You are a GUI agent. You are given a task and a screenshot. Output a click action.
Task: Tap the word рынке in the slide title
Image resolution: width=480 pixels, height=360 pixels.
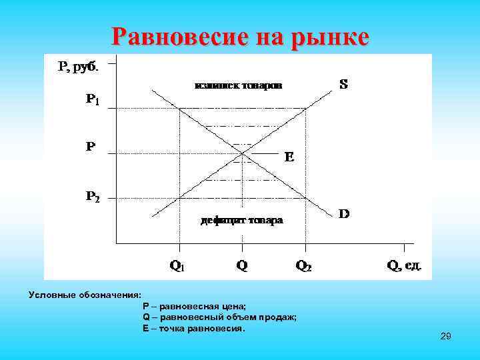coord(328,37)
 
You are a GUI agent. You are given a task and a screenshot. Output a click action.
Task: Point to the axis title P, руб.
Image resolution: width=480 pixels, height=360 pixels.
coord(78,66)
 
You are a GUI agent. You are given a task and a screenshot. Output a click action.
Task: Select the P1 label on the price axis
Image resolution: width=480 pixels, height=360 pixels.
coord(93,99)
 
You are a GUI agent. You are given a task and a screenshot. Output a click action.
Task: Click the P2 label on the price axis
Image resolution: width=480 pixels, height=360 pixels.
coord(93,197)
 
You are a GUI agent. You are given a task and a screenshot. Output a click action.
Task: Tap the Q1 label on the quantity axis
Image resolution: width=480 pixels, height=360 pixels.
coord(178,266)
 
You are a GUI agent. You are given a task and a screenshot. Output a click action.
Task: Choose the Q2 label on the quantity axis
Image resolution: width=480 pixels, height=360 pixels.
coord(303,266)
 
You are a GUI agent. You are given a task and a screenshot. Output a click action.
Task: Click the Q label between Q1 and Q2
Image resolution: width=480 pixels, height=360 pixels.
coord(241,265)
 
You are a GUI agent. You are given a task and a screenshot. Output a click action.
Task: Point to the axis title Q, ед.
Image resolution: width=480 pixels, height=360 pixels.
coord(405,265)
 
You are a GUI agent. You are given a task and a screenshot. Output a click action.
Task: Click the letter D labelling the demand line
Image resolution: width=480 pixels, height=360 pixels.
coord(345,215)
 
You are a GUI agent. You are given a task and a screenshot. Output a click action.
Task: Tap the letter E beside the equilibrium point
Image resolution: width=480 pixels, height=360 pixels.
coord(289,158)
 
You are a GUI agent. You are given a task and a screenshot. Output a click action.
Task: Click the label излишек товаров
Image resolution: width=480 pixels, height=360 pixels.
coord(238,85)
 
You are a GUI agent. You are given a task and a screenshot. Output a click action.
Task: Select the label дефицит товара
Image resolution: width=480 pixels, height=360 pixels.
coord(242,220)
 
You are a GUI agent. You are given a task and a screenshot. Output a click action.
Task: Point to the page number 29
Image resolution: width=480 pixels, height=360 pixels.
coord(446,337)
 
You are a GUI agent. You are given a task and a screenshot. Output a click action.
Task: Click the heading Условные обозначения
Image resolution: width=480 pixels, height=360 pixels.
coord(85,295)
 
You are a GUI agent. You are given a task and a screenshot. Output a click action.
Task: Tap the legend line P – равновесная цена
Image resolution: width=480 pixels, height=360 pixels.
coord(194,306)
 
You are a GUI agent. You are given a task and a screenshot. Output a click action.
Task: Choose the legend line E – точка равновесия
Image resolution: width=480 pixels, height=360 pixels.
coord(194,329)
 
